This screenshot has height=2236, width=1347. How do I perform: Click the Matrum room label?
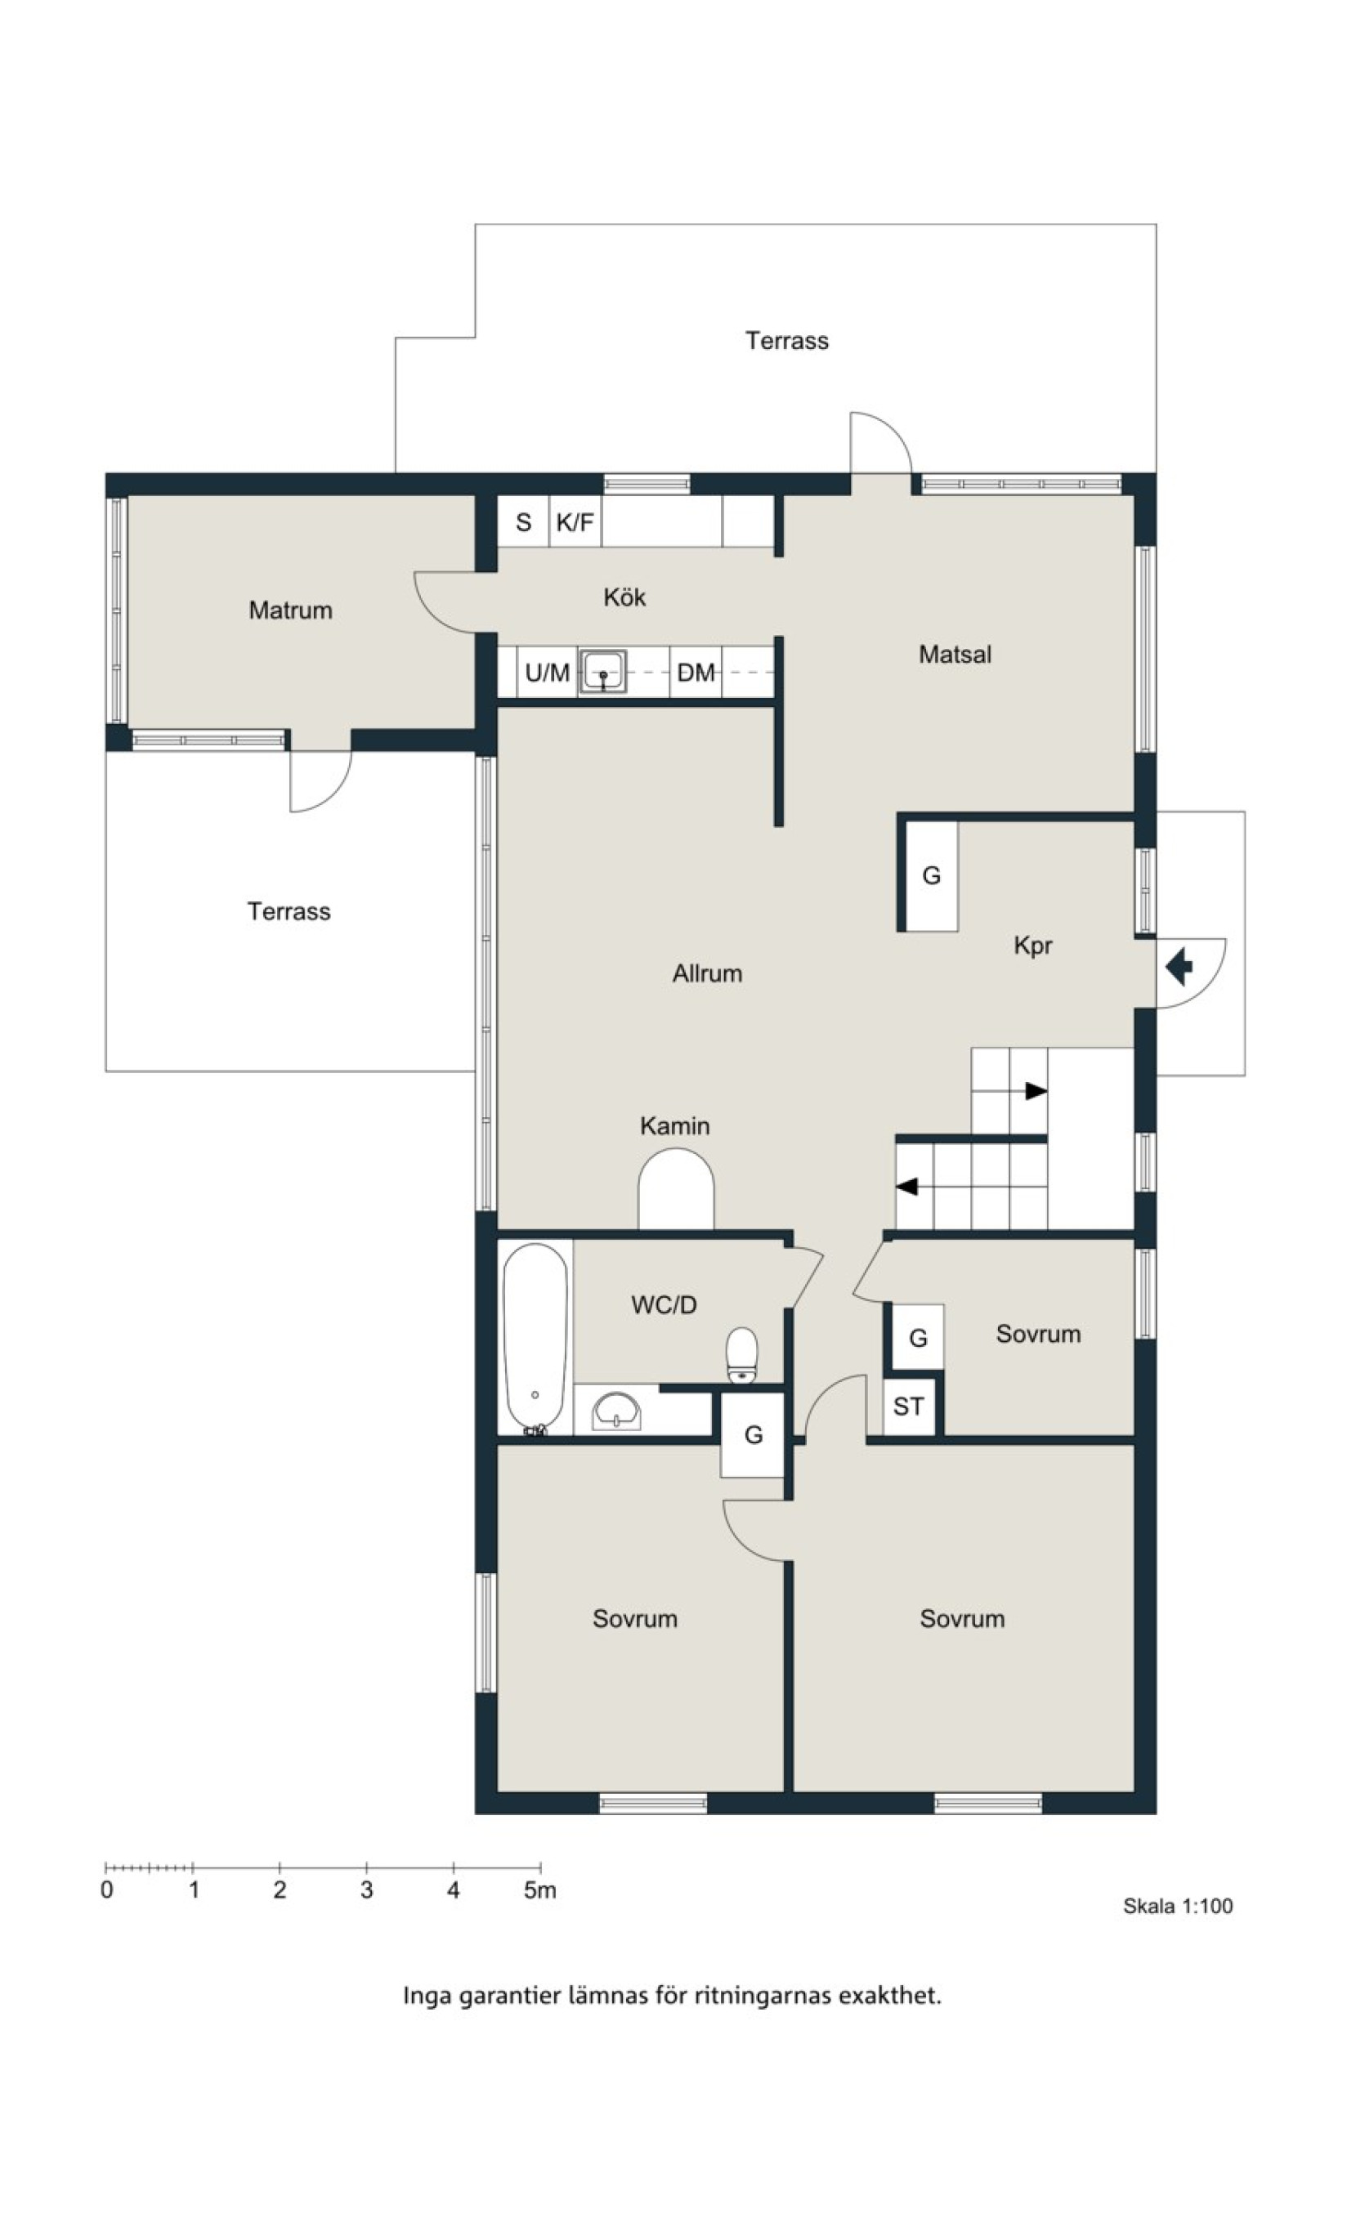tap(290, 610)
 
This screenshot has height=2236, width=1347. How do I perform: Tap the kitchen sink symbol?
tap(603, 672)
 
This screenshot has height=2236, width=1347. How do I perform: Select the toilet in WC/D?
tap(742, 1356)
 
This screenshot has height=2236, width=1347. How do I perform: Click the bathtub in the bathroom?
tap(535, 1339)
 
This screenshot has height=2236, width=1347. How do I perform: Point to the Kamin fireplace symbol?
tap(676, 1189)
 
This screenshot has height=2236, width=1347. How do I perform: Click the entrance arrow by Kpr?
tap(1179, 967)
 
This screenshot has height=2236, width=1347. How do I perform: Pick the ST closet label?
tap(909, 1406)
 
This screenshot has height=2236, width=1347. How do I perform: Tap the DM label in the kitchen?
tap(696, 673)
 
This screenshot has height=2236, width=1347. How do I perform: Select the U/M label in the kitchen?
tap(548, 673)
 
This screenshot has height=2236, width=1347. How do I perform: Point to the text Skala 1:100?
tap(1178, 1906)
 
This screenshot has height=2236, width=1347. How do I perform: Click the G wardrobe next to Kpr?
tap(932, 876)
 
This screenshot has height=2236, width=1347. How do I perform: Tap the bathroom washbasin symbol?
tap(617, 1411)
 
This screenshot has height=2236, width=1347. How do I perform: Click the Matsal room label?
tap(955, 655)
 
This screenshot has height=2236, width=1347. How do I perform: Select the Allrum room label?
tap(707, 973)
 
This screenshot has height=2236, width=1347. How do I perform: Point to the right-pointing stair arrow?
tap(1036, 1091)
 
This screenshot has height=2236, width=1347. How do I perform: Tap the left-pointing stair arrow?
tap(906, 1186)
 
